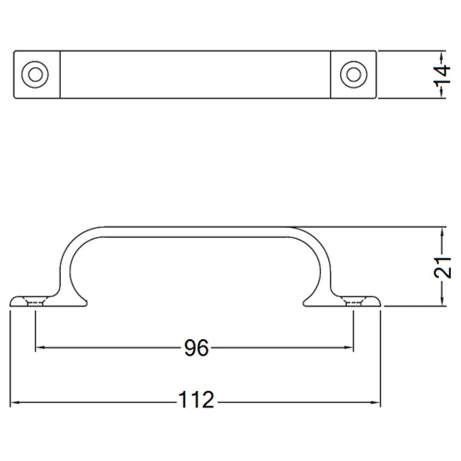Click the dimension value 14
442,74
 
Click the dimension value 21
442,266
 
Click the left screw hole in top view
35,74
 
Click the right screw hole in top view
354,74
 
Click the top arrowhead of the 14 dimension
442,55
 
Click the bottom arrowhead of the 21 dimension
442,302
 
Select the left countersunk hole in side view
35,302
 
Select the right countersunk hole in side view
354,302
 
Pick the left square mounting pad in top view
37,74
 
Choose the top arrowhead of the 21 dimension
442,230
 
